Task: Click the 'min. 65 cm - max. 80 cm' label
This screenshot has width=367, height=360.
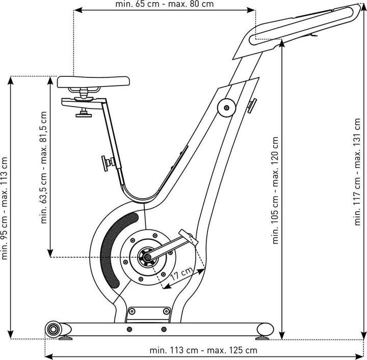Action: (164, 5)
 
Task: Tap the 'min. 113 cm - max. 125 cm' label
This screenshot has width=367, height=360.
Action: (203, 350)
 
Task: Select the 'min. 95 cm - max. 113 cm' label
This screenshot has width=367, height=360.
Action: (6, 208)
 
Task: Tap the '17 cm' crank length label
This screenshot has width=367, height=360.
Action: (182, 276)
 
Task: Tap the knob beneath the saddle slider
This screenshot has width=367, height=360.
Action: (83, 113)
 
